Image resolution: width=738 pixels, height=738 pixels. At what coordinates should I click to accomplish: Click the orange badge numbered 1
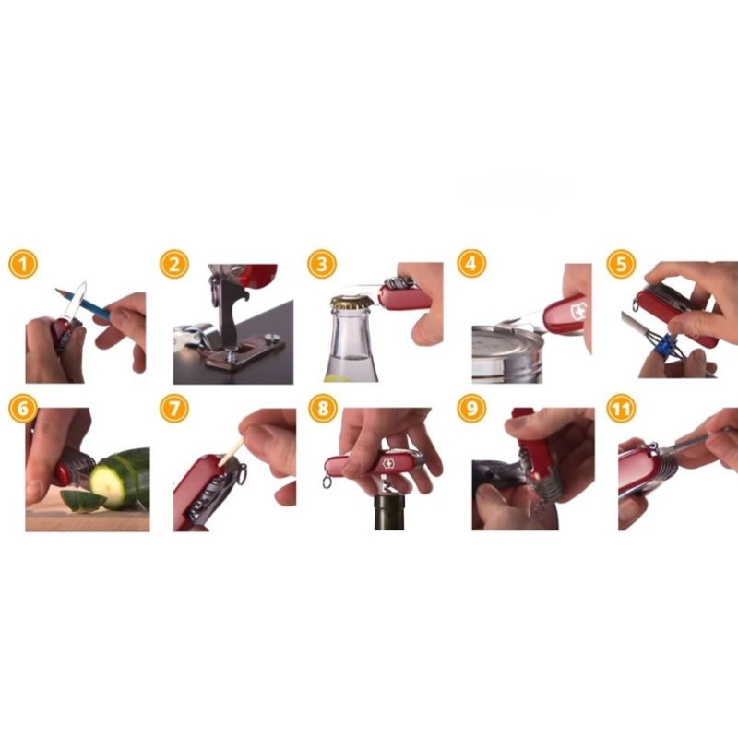[22, 264]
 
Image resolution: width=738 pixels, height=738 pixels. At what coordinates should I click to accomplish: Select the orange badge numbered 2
[174, 264]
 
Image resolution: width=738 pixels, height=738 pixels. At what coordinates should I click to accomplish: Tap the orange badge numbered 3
[322, 264]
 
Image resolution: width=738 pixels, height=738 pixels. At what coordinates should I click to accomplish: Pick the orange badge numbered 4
[471, 264]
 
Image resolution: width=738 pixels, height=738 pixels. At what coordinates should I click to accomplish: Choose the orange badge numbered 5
[621, 264]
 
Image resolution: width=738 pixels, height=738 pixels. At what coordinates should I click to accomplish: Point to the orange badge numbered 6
[22, 408]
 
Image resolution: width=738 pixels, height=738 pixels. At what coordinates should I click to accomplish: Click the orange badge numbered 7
[174, 408]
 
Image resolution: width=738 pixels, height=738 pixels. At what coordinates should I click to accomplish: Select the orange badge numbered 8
[323, 408]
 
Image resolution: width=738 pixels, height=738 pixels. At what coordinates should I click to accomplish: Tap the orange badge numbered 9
[471, 408]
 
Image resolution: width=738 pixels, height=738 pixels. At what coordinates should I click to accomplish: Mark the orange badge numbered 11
[621, 408]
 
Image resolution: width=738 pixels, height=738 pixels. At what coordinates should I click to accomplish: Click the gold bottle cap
[351, 302]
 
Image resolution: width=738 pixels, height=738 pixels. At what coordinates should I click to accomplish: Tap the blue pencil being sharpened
[83, 303]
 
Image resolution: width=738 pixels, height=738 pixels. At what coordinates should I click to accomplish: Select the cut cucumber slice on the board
[82, 500]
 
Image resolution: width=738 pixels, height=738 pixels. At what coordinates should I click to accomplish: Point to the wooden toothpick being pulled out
[232, 452]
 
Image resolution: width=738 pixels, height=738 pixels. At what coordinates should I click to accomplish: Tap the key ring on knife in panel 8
[327, 482]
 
